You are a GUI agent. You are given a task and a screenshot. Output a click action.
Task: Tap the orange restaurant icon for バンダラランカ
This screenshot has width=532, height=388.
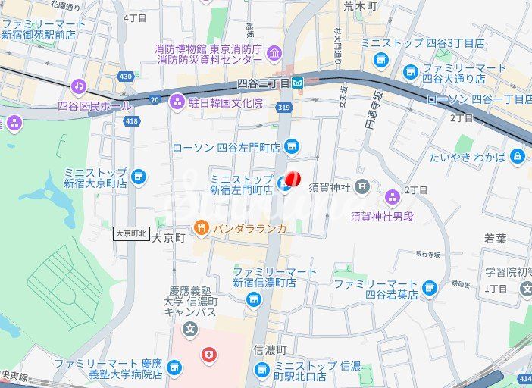201,227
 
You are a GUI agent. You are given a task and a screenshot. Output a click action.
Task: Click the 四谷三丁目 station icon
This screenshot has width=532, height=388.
299,82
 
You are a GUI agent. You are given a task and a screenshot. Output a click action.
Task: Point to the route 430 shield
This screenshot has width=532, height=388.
126,77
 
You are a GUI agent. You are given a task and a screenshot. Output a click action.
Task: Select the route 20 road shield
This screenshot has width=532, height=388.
155,99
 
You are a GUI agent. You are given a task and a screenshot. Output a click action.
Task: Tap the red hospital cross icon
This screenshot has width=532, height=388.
208,354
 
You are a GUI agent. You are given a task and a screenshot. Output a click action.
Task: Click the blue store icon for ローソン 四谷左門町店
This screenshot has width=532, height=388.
293,146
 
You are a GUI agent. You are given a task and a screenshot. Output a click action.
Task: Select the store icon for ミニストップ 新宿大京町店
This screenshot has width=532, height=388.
138,177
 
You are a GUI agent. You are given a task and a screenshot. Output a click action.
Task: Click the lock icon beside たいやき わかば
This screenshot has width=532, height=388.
518,157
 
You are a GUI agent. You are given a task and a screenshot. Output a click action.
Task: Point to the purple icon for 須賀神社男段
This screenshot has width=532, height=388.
393,198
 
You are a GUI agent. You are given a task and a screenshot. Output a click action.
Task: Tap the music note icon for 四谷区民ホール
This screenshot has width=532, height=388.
78,87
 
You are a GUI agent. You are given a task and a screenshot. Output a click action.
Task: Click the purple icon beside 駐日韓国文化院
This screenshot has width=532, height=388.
177,101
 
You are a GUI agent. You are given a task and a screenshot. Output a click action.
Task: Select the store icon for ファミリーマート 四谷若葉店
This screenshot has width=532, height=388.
430,288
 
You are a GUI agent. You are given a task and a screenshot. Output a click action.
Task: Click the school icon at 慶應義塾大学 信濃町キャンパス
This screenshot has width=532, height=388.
190,330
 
